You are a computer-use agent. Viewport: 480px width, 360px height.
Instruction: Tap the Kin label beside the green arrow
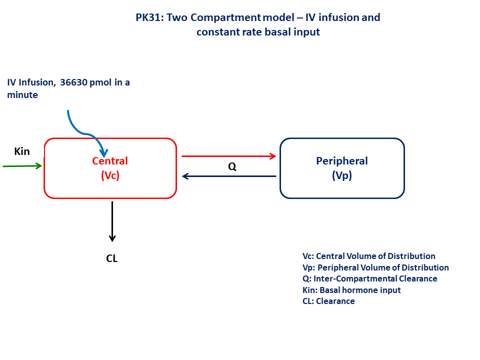pos(22,151)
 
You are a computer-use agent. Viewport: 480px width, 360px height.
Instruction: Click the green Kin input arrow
pos(22,165)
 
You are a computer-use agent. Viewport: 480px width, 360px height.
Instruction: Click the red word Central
pos(110,161)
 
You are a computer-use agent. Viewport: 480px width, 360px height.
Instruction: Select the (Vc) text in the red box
pos(110,175)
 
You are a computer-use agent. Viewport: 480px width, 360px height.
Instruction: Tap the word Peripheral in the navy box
pos(342,161)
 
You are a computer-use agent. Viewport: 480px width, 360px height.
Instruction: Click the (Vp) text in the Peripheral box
pos(342,175)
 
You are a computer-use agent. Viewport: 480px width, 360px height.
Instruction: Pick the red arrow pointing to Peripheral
pos(228,156)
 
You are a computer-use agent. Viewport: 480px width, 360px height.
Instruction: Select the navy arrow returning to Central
pos(228,176)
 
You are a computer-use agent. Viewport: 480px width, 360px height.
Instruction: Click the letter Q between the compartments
pos(232,166)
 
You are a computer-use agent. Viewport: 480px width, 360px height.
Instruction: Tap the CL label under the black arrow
pos(112,258)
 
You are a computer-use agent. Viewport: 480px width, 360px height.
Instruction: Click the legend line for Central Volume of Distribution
pos(368,256)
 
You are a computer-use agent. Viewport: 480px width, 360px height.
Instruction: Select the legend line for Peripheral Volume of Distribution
pos(375,267)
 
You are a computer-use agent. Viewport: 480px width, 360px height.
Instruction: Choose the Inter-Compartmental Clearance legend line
pos(369,279)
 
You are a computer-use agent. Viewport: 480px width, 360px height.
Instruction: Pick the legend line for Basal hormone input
pos(351,290)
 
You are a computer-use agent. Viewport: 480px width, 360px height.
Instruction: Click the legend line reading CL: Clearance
pos(328,301)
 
